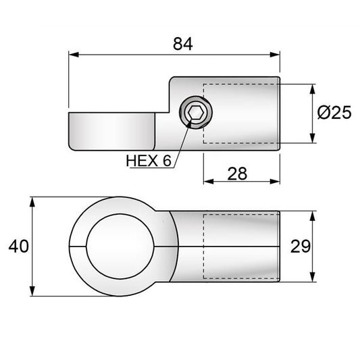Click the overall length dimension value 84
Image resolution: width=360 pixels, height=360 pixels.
[x=182, y=44]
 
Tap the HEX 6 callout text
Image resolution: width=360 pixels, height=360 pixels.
[x=149, y=161]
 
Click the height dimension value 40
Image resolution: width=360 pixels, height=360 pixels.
[x=18, y=247]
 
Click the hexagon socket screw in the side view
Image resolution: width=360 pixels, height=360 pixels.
[x=195, y=113]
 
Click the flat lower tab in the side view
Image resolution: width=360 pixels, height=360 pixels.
[x=112, y=132]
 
